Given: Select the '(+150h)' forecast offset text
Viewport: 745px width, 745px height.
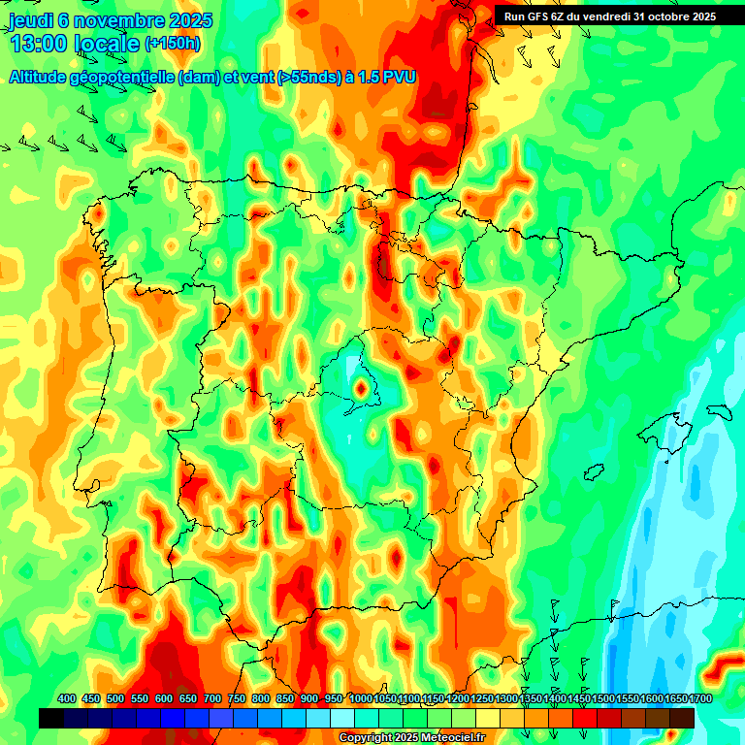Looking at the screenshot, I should pyautogui.click(x=173, y=44).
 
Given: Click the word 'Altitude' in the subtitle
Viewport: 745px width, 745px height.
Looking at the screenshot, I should pyautogui.click(x=42, y=77).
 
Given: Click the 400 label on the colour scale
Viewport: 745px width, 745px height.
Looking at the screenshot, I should pyautogui.click(x=66, y=698).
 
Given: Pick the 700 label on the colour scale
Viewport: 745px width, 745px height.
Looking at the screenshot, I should pyautogui.click(x=212, y=698).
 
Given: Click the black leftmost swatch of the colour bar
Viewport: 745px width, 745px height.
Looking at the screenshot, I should pyautogui.click(x=51, y=718).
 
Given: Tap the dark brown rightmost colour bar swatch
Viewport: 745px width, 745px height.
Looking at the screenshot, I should pyautogui.click(x=682, y=718).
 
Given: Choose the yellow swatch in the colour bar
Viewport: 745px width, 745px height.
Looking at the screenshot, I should pyautogui.click(x=488, y=718).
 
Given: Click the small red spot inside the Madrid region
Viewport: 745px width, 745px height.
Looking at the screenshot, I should pyautogui.click(x=361, y=389).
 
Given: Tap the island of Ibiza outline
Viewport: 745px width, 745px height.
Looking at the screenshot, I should pyautogui.click(x=592, y=471).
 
